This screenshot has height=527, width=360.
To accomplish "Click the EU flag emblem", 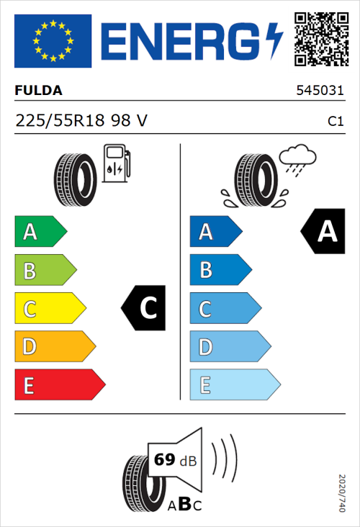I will pyautogui.click(x=53, y=42).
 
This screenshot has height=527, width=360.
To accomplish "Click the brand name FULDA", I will pyautogui.click(x=39, y=91).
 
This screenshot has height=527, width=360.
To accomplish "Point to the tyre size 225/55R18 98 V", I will pyautogui.click(x=81, y=121).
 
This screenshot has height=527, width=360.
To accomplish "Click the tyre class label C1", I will pyautogui.click(x=335, y=122).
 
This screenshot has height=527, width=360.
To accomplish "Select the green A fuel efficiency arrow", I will pyautogui.click(x=40, y=232).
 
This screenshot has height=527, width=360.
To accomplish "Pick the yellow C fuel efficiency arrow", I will pyautogui.click(x=49, y=310).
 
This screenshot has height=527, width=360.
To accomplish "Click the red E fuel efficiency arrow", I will pyautogui.click(x=59, y=385).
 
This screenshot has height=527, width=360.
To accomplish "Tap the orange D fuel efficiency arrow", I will pyautogui.click(x=54, y=348).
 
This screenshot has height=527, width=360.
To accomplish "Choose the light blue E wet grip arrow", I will pyautogui.click(x=234, y=385).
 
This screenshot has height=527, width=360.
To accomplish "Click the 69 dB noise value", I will pyautogui.click(x=175, y=460).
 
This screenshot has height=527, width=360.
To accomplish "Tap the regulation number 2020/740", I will pyautogui.click(x=342, y=493).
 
